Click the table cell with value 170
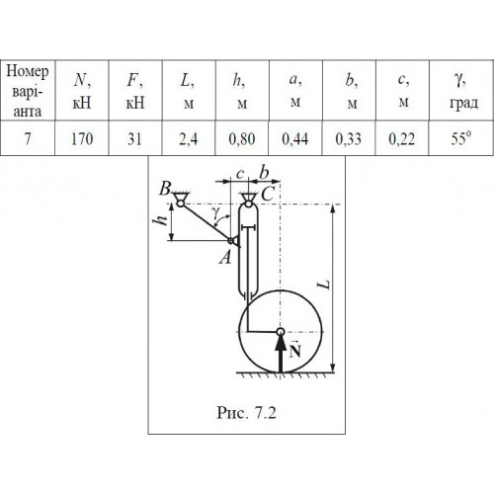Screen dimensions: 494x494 (82, 138)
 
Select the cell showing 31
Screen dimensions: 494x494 (134, 138)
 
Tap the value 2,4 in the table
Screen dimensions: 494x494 (189, 139)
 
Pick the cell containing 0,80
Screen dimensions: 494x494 (242, 139)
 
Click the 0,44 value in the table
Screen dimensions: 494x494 (295, 139)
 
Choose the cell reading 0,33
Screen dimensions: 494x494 (349, 139)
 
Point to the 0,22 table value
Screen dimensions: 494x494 (402, 139)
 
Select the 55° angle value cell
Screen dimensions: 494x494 (461, 138)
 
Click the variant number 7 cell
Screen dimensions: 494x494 (28, 138)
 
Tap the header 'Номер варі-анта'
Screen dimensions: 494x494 (28, 91)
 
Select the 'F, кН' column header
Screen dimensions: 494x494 (135, 91)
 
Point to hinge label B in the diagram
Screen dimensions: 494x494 (165, 189)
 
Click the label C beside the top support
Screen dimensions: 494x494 (268, 194)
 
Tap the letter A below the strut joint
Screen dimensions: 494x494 (226, 257)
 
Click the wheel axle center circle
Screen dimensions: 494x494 (281, 331)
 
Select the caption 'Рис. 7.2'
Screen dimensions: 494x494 (246, 412)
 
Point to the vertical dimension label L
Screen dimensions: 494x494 (325, 285)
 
